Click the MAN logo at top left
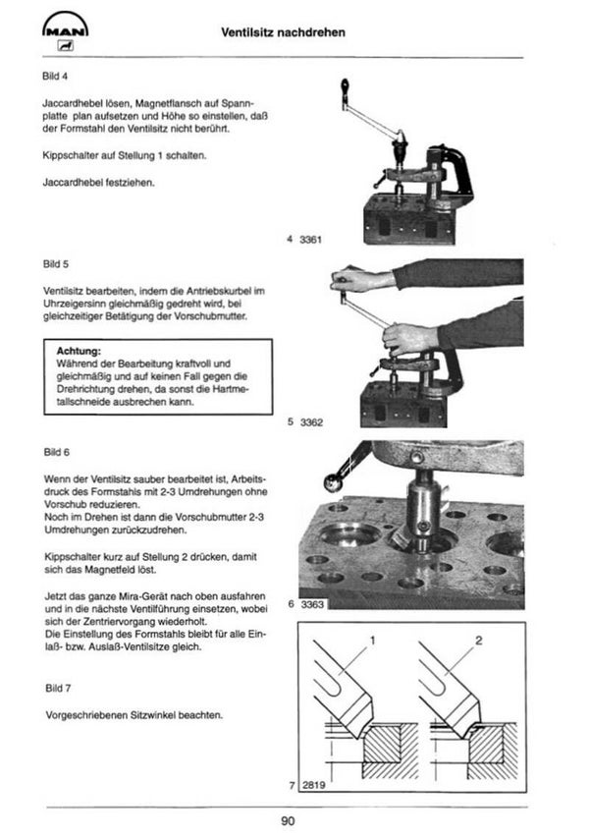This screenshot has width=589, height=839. tap(65, 32)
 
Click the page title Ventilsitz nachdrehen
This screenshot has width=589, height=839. tap(284, 32)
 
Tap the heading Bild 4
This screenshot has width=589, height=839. tap(55, 76)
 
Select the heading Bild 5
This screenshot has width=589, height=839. tap(56, 264)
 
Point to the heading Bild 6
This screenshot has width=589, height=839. tap(57, 452)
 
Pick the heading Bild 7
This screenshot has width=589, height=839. tap(58, 688)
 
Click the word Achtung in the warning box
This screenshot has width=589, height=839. tap(79, 351)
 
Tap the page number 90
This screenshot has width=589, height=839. tap(288, 820)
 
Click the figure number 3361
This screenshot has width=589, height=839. tap(310, 240)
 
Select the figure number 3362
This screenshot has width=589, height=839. tap(311, 422)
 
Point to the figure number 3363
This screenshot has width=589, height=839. tap(313, 604)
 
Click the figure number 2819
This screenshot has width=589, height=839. tap(314, 785)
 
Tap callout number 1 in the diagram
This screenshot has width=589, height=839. tap(373, 641)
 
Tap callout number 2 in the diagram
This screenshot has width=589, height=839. tap(479, 641)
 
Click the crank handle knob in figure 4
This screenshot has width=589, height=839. tap(346, 85)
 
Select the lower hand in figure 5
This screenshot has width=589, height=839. tap(410, 338)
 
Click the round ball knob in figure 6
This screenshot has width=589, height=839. tap(333, 482)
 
